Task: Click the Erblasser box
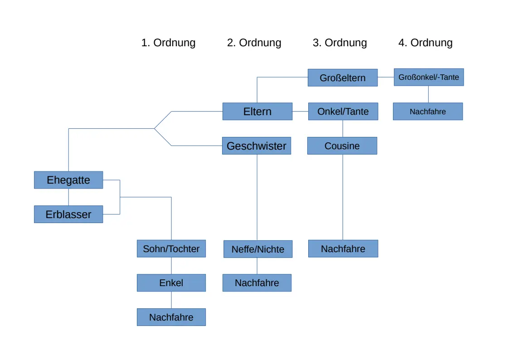pyautogui.click(x=68, y=214)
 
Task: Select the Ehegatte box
pyautogui.click(x=68, y=180)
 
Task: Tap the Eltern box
pyautogui.click(x=257, y=112)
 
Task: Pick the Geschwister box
pyautogui.click(x=257, y=146)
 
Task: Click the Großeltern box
pyautogui.click(x=343, y=78)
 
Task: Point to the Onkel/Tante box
pyautogui.click(x=343, y=112)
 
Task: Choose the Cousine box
pyautogui.click(x=342, y=146)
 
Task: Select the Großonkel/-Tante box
pyautogui.click(x=429, y=77)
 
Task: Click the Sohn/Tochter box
pyautogui.click(x=171, y=248)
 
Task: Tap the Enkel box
pyautogui.click(x=171, y=283)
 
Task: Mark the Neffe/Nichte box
pyautogui.click(x=258, y=249)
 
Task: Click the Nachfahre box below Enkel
pyautogui.click(x=171, y=317)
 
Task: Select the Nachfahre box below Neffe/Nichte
pyautogui.click(x=257, y=283)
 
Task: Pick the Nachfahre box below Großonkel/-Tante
pyautogui.click(x=428, y=112)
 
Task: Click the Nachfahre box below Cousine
pyautogui.click(x=343, y=248)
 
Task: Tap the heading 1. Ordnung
pyautogui.click(x=169, y=43)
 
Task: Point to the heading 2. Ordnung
pyautogui.click(x=254, y=43)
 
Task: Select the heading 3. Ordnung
pyautogui.click(x=340, y=43)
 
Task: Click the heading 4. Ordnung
pyautogui.click(x=426, y=43)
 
